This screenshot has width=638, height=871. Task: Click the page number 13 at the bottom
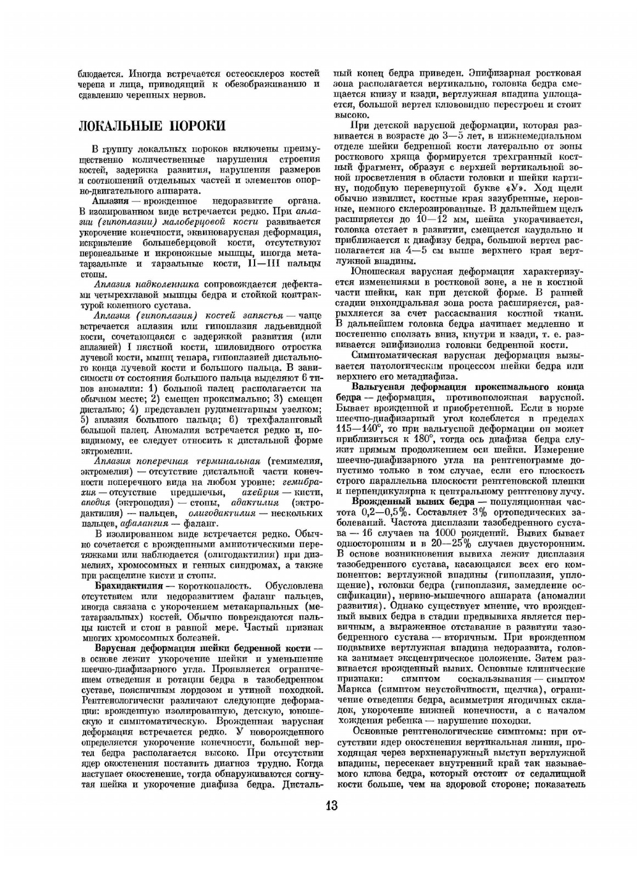(x=330, y=805)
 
